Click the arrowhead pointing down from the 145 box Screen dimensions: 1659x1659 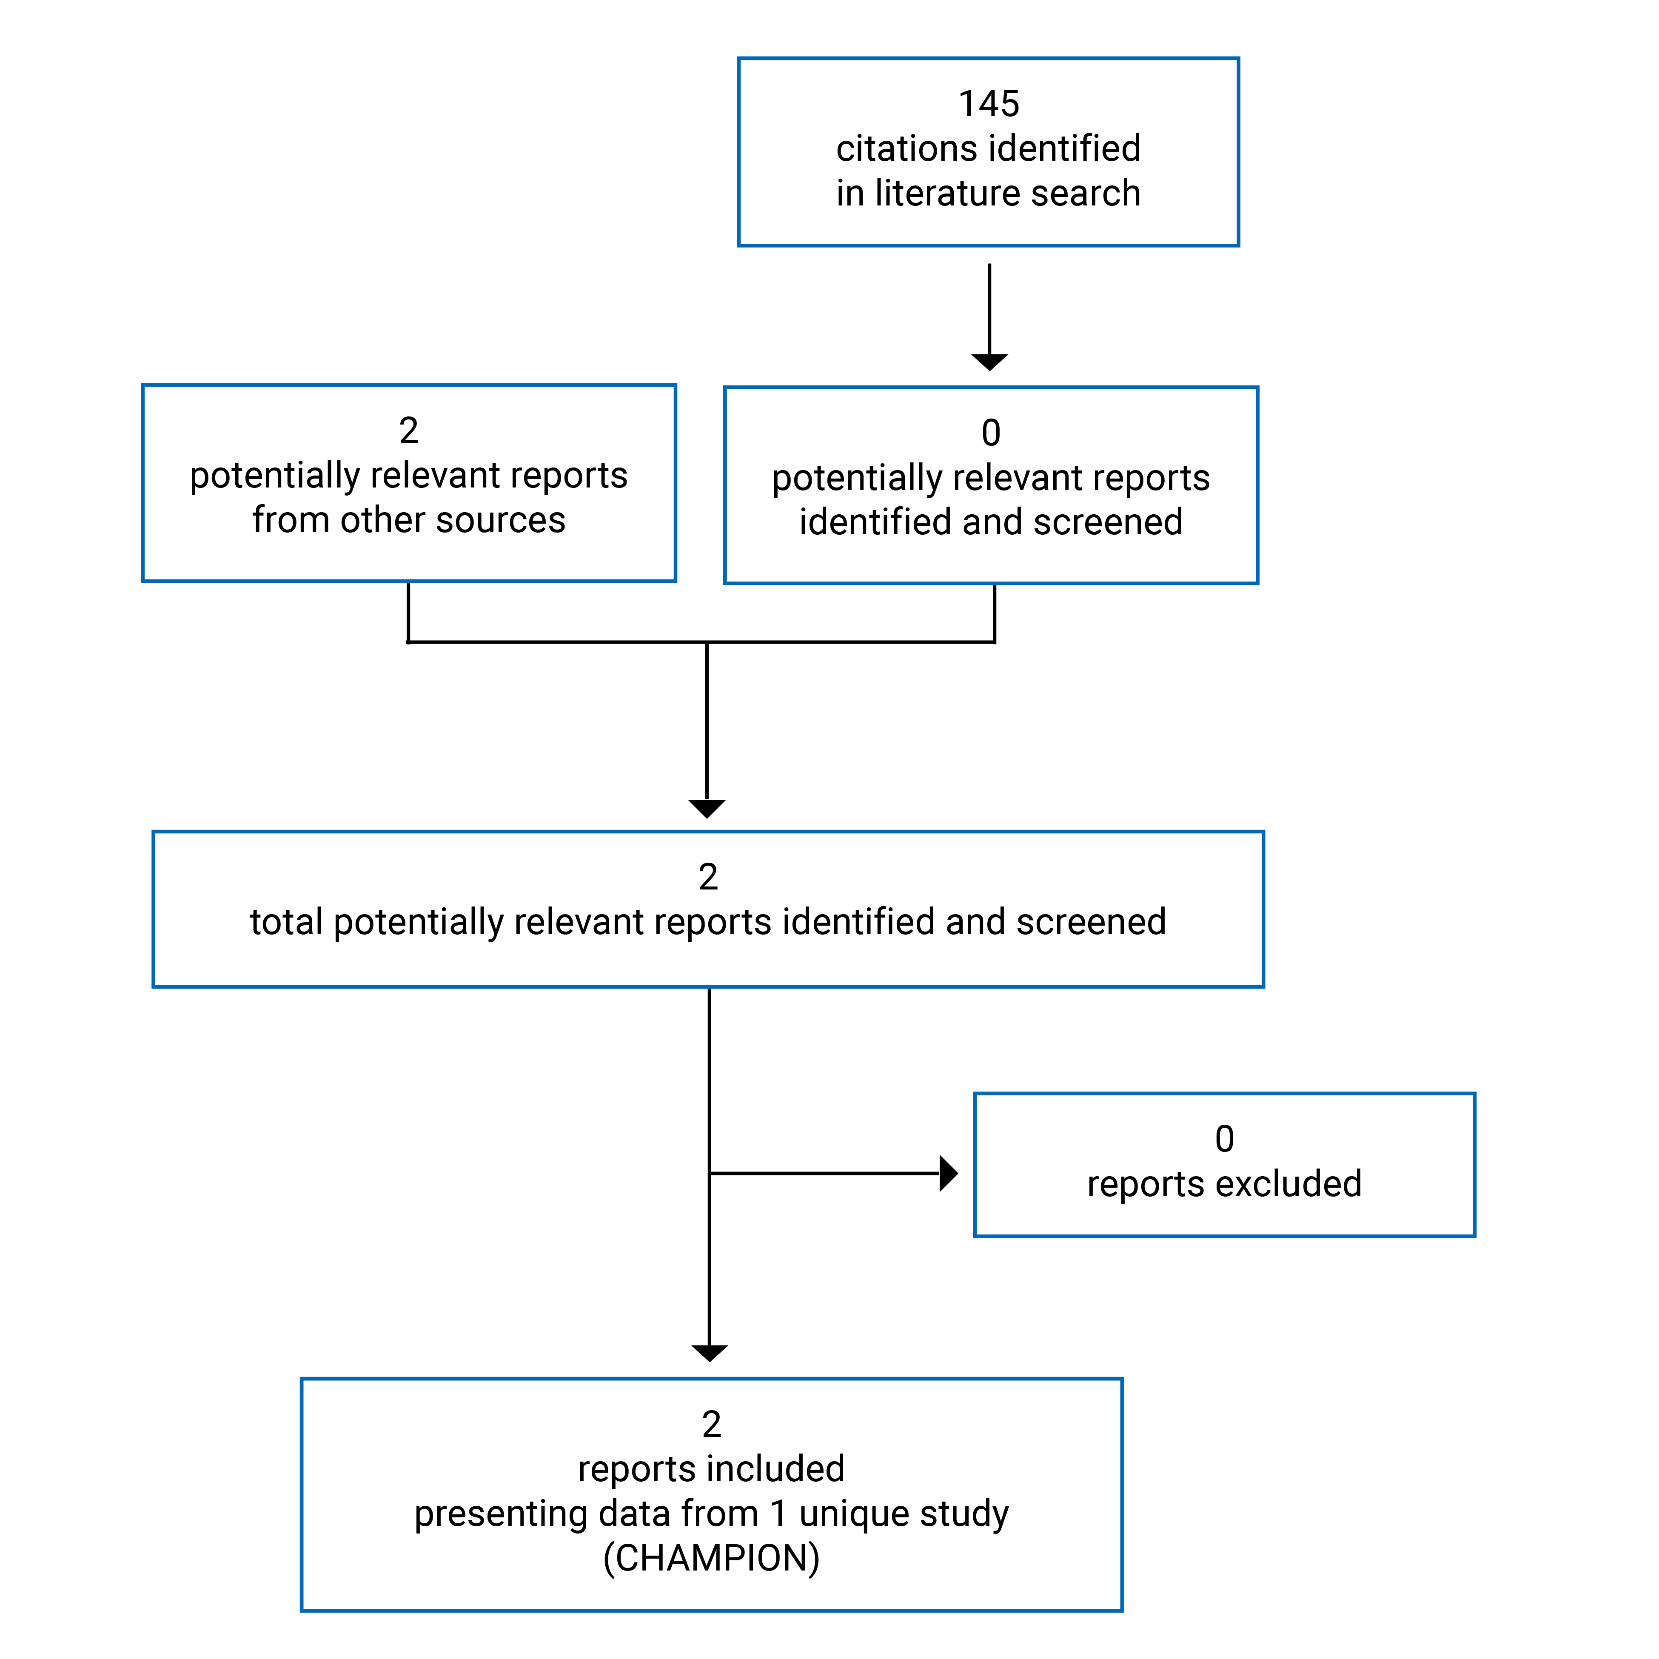989,362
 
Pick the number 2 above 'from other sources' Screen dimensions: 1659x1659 409,430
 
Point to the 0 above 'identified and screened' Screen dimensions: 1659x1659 991,433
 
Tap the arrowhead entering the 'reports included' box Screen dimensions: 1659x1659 709,1353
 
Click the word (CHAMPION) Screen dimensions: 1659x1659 711,1558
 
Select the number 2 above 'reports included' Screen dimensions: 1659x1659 711,1425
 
